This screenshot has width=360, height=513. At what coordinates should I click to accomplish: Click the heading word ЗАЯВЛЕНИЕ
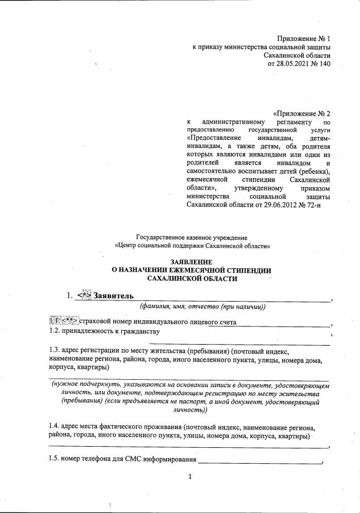[192, 262]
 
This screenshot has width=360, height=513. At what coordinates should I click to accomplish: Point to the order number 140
[324, 63]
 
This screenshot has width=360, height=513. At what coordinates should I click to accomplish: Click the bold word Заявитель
[113, 296]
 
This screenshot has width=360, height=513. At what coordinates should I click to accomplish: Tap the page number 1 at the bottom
[191, 476]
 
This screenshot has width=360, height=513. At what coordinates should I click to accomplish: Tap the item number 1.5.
[56, 459]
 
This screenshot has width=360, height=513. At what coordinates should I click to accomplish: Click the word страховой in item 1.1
[97, 322]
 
